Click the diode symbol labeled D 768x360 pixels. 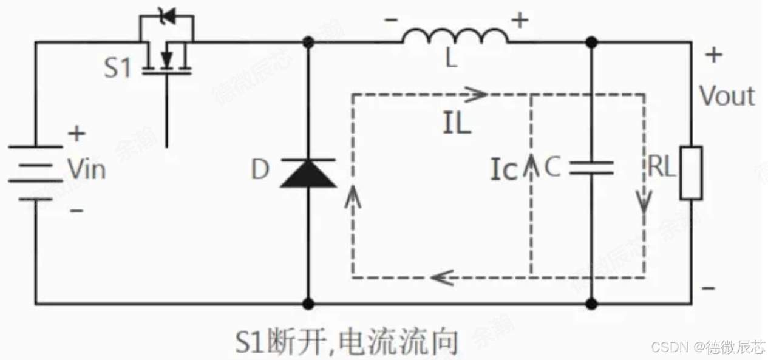tap(308, 172)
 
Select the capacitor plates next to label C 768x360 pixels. tap(591, 168)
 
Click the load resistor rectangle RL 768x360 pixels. tap(691, 172)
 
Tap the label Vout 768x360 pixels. tap(727, 97)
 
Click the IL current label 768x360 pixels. tap(456, 124)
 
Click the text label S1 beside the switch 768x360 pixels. tap(117, 69)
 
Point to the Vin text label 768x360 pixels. tap(86, 169)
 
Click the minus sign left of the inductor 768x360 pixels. tap(390, 20)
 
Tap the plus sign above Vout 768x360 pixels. tap(714, 55)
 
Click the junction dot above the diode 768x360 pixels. tap(308, 42)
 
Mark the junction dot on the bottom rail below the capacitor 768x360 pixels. tap(591, 303)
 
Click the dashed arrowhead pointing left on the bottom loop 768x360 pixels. tap(441, 278)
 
